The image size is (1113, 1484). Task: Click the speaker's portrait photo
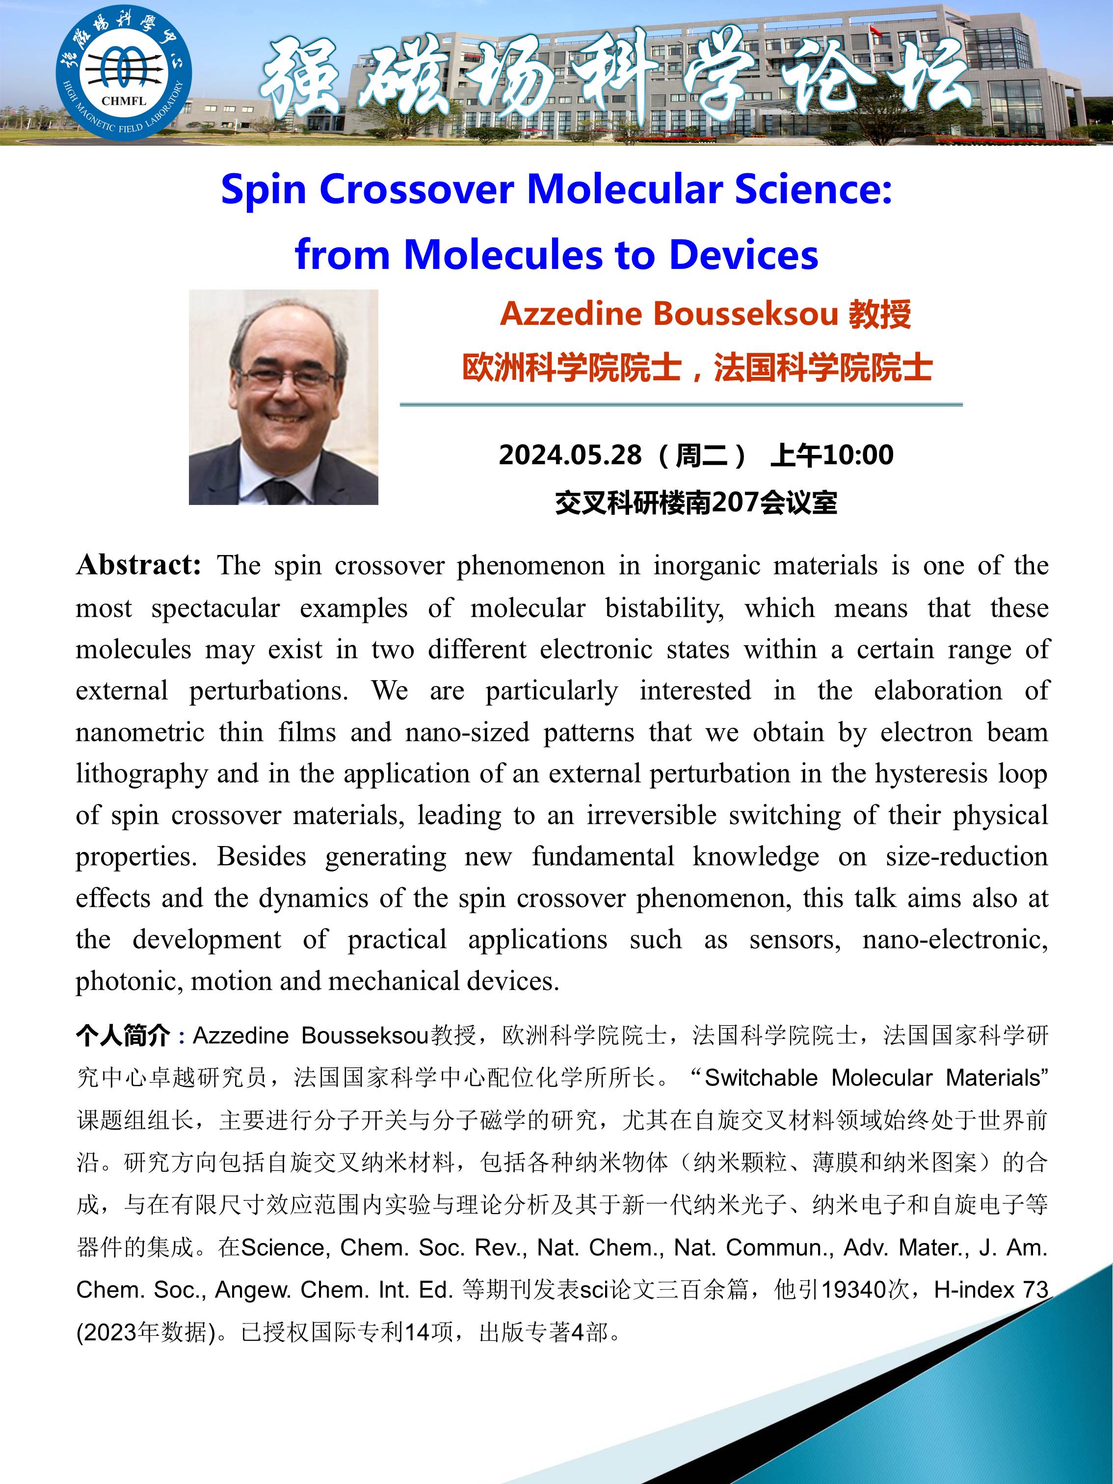point(283,397)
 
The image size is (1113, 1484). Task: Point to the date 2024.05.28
point(570,455)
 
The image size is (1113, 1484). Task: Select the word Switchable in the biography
point(761,1078)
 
